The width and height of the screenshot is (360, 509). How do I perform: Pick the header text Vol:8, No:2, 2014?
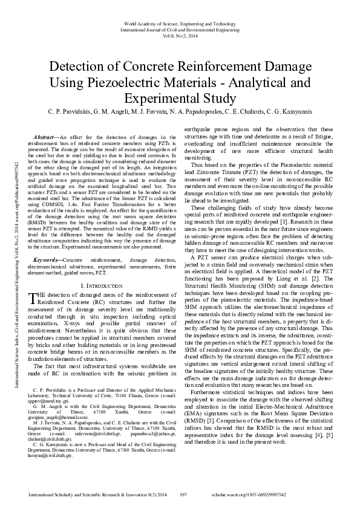(x=180, y=35)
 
